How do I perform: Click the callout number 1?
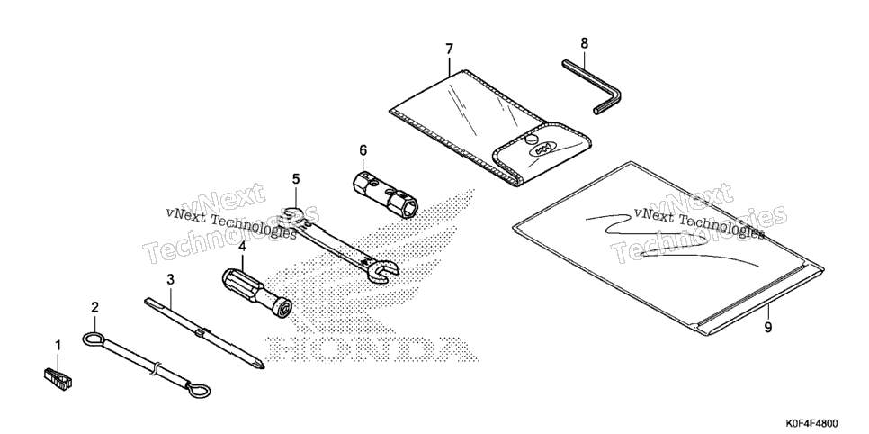click(x=58, y=346)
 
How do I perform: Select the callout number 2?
click(x=94, y=307)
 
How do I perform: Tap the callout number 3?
click(x=170, y=279)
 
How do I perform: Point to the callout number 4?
click(x=242, y=247)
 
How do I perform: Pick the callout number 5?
click(x=296, y=178)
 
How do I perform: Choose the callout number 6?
click(x=363, y=149)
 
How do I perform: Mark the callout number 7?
click(x=449, y=49)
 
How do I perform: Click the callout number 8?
click(x=584, y=42)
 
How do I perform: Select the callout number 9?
click(x=768, y=328)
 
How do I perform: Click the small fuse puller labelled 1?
click(x=58, y=377)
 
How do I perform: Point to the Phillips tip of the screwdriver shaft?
click(x=260, y=365)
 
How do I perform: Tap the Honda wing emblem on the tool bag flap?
click(x=542, y=149)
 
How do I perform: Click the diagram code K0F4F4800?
click(x=811, y=423)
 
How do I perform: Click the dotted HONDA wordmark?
click(x=372, y=349)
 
